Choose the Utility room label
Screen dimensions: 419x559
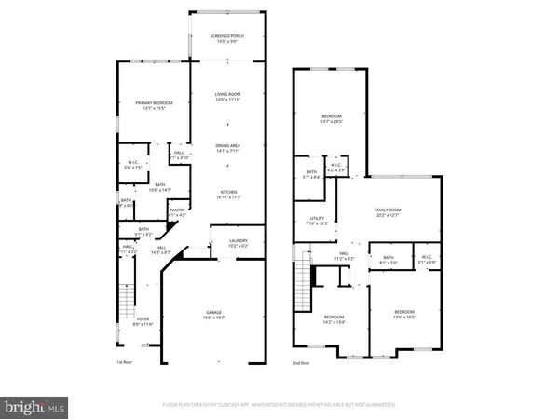click(x=317, y=221)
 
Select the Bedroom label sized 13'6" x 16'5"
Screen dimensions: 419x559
click(x=403, y=314)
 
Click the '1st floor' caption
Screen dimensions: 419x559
click(x=124, y=361)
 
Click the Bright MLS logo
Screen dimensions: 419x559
click(x=34, y=406)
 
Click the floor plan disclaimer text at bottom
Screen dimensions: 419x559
click(x=279, y=406)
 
